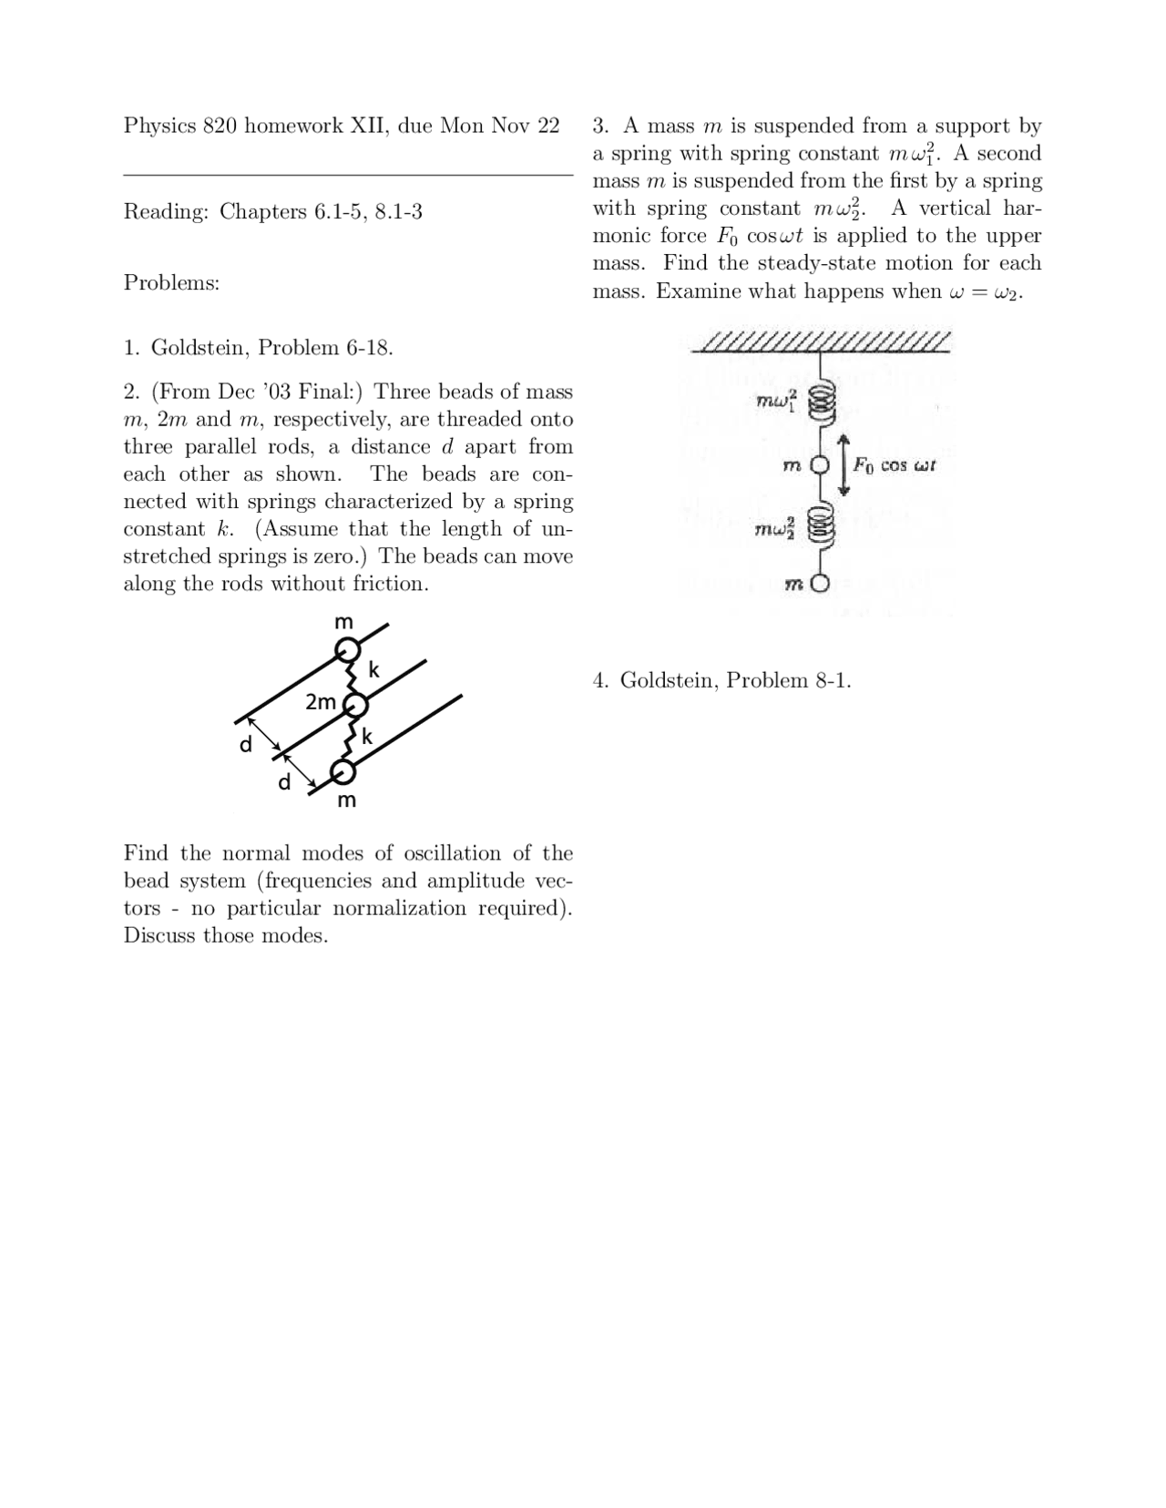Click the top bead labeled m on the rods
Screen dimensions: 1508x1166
pos(346,650)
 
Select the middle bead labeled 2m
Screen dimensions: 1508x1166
pos(355,705)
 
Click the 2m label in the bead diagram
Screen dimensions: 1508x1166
pos(321,702)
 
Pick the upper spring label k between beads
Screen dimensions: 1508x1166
pos(373,670)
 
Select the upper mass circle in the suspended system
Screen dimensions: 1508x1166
pos(820,465)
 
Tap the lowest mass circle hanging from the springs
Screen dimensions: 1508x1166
pos(820,585)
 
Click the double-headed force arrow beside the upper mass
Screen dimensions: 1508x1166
pos(844,465)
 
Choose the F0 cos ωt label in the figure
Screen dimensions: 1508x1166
pos(895,465)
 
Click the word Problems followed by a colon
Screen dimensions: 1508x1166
pos(171,283)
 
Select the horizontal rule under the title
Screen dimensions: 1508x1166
pos(348,174)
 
